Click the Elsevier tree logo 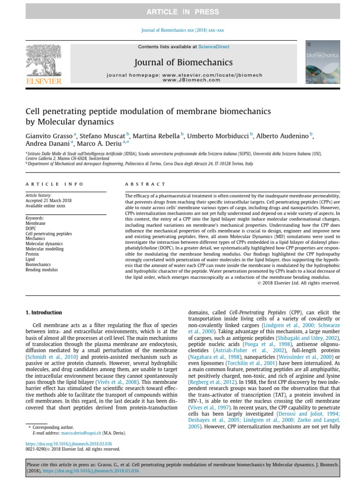point(43,61)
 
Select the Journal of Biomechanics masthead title point(184,62)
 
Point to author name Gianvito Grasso point(48,136)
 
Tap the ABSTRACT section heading point(145,184)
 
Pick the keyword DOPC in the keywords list point(30,228)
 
